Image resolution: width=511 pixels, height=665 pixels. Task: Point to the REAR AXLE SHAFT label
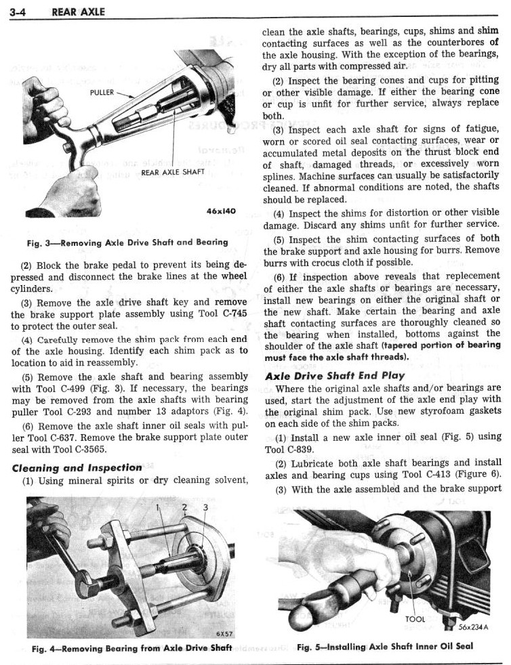[173, 172]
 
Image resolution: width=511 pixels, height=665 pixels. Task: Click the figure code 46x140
[221, 211]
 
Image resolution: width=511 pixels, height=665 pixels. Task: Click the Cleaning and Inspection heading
[77, 467]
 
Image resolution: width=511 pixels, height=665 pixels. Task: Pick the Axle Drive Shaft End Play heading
[335, 374]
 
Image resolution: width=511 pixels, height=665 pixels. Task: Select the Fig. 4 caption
[131, 648]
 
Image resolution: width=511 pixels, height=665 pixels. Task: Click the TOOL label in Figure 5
[415, 619]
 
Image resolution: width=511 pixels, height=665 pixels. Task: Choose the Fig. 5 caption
[384, 647]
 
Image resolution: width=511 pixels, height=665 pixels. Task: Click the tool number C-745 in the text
[232, 312]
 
